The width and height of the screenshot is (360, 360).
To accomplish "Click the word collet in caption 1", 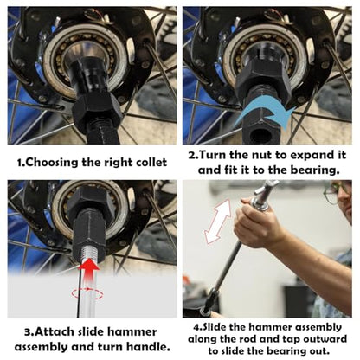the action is pos(151,162).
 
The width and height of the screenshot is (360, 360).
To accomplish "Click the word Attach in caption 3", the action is pos(55,331).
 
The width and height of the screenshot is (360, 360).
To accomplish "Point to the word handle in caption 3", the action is pos(147,347).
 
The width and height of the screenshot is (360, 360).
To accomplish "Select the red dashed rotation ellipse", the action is pos(87,293).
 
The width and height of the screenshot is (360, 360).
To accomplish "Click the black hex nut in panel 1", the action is pos(95,111).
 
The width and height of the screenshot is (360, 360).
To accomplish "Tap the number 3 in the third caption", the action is pos(28,332).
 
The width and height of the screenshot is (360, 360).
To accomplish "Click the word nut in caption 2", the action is pos(261,156).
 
